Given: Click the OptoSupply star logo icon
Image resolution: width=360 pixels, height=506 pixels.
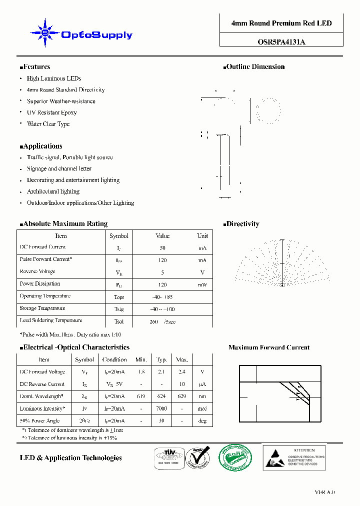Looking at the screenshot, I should pos(44,33).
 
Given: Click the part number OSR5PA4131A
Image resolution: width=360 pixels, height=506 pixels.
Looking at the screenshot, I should pos(281,42).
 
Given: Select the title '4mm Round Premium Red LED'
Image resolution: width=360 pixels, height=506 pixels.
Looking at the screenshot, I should pos(281,23).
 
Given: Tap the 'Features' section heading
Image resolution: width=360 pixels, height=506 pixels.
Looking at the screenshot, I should pos(36,67).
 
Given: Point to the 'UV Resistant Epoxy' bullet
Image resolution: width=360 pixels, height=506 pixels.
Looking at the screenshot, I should pos(52,112).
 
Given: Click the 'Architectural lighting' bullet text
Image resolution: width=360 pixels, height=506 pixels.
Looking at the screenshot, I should pos(53,191).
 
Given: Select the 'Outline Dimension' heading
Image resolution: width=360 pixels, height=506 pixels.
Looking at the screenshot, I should pos(255,67).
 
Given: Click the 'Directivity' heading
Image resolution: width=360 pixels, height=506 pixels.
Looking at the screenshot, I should pos(242,224).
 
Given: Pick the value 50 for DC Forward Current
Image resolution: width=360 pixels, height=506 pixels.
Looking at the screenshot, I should pos(162,248).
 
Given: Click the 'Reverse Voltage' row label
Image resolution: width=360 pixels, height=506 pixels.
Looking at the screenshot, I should pos(37,271).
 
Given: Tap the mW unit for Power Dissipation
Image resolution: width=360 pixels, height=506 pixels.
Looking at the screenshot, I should pos(202,284).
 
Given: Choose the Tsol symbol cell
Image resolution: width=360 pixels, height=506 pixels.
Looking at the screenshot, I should pos(119,321).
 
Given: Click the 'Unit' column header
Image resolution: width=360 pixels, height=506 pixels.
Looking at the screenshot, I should pos(202,236).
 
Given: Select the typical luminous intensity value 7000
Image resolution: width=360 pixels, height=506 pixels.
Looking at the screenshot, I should pos(161,409).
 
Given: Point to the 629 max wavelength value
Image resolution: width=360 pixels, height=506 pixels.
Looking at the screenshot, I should pos(182,396).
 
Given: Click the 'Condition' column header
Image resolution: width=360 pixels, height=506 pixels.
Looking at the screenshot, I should pos(114,359).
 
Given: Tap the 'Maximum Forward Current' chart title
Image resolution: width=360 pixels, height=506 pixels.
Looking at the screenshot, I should pos(269,347).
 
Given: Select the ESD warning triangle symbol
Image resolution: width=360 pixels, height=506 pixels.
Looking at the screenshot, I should pos(275,457).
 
